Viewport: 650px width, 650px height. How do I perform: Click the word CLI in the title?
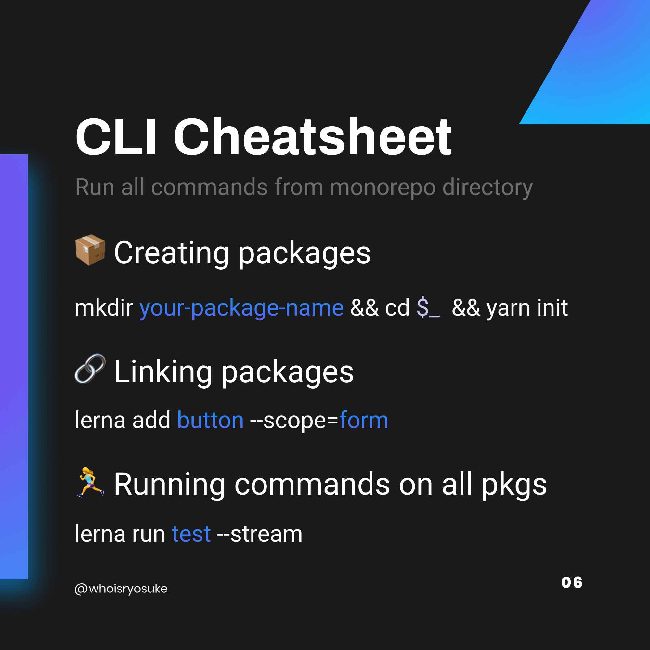pos(116,137)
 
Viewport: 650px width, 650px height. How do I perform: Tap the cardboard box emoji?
pos(90,250)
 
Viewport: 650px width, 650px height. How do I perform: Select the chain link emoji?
pos(90,369)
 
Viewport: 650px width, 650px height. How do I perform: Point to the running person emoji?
pos(90,482)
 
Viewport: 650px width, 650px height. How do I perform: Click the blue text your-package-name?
pos(241,308)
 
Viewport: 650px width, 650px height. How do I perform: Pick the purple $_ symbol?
pos(428,308)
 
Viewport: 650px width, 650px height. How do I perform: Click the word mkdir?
pos(104,308)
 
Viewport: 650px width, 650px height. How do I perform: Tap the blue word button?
pos(210,420)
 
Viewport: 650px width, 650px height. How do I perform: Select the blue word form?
pos(364,420)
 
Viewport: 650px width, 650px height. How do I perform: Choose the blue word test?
pos(191,534)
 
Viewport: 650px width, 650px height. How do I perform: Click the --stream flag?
pos(260,534)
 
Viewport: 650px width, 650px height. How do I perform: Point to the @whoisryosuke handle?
pos(121,589)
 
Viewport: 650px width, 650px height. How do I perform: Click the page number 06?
pos(572,583)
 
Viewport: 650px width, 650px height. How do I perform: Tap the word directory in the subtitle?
pos(487,187)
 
